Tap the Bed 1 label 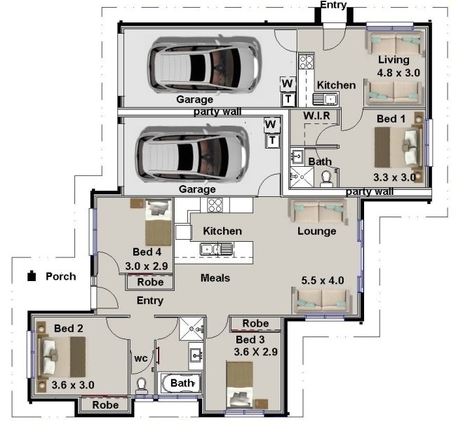pos(391,119)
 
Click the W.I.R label pos(316,114)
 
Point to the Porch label pos(61,276)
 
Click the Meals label pos(215,278)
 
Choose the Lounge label pos(316,231)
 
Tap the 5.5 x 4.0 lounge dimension pos(322,280)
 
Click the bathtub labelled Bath pos(181,384)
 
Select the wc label pos(140,358)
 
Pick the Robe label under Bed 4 pos(149,282)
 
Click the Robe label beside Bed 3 pos(255,323)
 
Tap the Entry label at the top pos(333,6)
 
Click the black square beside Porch pos(32,276)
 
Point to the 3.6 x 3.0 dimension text pos(73,385)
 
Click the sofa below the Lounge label pos(323,300)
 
